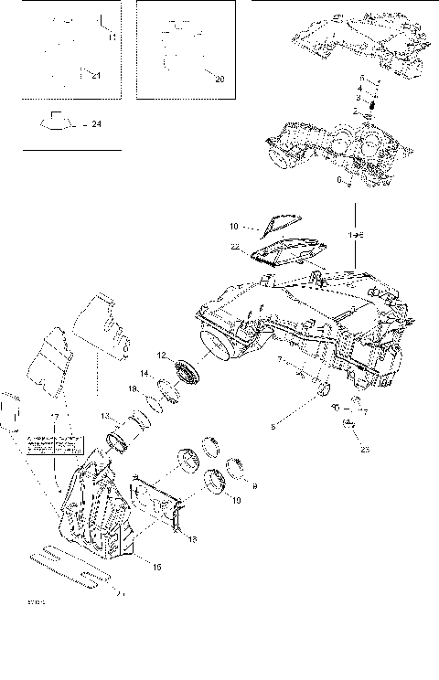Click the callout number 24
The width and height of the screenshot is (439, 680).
(x=97, y=123)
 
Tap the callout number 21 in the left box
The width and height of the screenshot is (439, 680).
(x=96, y=77)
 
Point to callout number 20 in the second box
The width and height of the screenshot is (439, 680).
(x=219, y=80)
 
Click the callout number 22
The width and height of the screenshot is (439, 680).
(x=235, y=247)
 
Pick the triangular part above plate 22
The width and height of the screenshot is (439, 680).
(x=280, y=221)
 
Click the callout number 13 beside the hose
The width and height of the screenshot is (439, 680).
(x=105, y=416)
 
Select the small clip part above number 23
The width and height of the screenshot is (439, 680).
(x=349, y=423)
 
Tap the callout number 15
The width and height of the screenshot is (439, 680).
(x=156, y=568)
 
